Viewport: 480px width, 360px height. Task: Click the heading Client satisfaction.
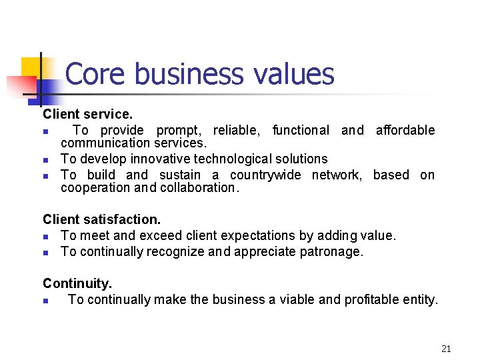point(101,219)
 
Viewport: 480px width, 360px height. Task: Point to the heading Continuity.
point(77,284)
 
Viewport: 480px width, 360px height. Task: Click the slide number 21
point(446,349)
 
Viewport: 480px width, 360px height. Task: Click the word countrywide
point(265,175)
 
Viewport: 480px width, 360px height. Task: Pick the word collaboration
point(198,187)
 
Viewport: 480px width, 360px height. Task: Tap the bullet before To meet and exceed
point(45,236)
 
